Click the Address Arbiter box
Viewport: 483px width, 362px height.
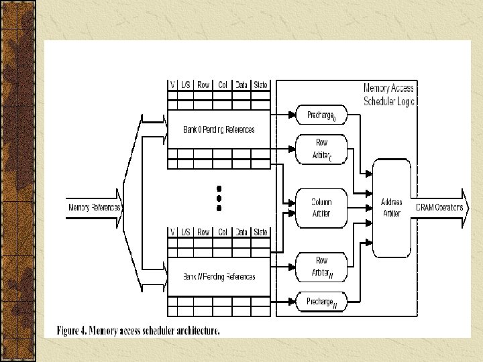pos(391,208)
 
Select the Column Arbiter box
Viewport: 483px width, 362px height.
pos(321,208)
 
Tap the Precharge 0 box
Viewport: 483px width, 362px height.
pos(322,115)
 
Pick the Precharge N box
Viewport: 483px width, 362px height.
pos(322,302)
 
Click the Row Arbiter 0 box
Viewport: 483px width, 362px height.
pos(322,149)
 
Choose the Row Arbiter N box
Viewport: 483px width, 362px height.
pos(322,267)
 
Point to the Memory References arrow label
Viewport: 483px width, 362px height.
pos(94,208)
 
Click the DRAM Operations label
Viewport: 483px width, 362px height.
pos(439,208)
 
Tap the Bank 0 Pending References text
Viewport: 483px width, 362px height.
pos(219,129)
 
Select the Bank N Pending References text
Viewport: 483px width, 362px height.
pos(219,276)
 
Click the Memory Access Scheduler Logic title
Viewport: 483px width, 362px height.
pos(389,95)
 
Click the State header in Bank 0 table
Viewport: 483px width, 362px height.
pos(261,85)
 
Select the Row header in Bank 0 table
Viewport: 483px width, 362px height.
pos(203,85)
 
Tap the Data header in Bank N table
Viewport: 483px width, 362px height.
pos(241,232)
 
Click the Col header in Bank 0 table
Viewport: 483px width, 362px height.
pos(223,85)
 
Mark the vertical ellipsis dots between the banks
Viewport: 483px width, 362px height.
pos(219,198)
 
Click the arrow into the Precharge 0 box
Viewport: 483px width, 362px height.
pos(286,115)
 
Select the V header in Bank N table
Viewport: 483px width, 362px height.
pos(172,232)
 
